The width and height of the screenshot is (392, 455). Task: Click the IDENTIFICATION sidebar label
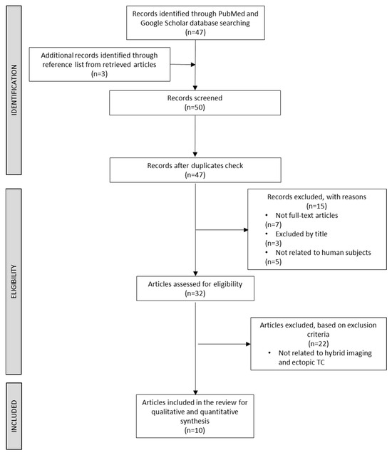tap(14, 90)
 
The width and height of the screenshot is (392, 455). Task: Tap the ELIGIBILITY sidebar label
tap(14, 281)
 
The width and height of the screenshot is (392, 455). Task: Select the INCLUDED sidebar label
tap(14, 417)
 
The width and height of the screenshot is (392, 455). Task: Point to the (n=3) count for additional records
tap(99, 74)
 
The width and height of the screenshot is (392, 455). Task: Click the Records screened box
tap(195, 103)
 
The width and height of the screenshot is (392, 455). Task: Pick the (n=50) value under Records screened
tap(195, 108)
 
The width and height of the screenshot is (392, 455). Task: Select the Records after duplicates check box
tap(195, 170)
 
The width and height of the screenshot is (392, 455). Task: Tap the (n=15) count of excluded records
tap(316, 206)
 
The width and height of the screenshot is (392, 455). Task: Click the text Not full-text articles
tap(306, 215)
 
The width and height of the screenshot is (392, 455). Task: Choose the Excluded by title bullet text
tap(301, 234)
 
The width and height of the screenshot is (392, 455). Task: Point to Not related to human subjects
tap(323, 253)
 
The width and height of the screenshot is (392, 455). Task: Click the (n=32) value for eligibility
tap(195, 293)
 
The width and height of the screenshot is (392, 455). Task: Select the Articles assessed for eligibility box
tap(195, 288)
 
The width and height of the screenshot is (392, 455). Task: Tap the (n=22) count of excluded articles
tap(319, 344)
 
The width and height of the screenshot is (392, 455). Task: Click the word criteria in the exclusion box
tap(318, 334)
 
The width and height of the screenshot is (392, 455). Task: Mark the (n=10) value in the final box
tap(195, 430)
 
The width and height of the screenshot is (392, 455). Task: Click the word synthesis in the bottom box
tap(195, 421)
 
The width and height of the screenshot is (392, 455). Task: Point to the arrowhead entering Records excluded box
tap(246, 230)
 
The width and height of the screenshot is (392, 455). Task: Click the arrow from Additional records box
tap(182, 64)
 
